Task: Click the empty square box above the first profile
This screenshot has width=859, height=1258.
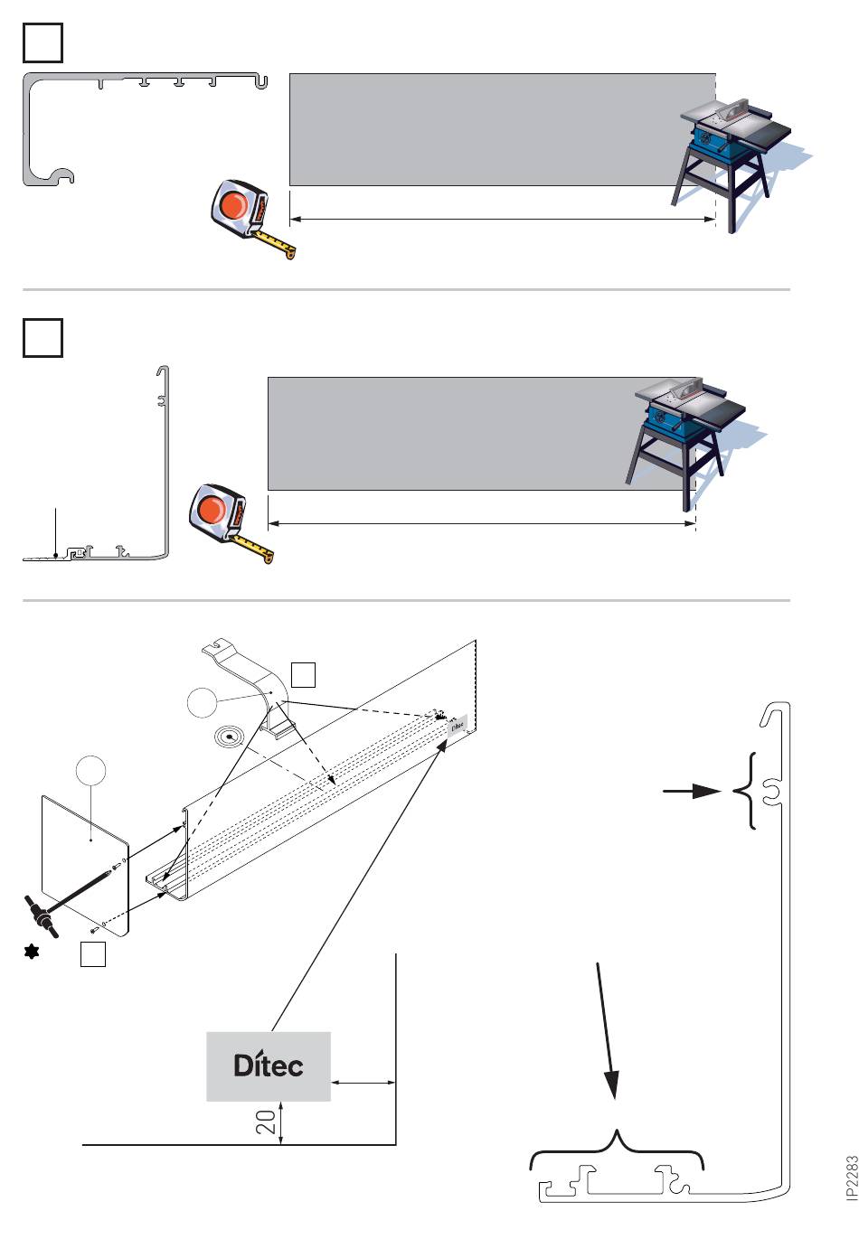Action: pyautogui.click(x=42, y=42)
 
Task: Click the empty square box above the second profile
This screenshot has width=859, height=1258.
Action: pyautogui.click(x=42, y=338)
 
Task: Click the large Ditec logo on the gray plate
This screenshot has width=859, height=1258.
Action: pyautogui.click(x=269, y=1065)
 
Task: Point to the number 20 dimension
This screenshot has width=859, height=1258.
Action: pyautogui.click(x=266, y=1122)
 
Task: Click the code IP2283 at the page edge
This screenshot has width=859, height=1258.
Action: pyautogui.click(x=852, y=1178)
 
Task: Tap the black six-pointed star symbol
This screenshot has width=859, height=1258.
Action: pyautogui.click(x=32, y=952)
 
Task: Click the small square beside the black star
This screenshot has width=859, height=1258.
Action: pyautogui.click(x=93, y=954)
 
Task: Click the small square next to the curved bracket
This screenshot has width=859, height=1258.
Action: pyautogui.click(x=303, y=674)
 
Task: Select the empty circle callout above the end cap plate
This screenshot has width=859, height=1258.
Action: pyautogui.click(x=90, y=770)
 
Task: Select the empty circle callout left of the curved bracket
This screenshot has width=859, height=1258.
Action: pyautogui.click(x=201, y=702)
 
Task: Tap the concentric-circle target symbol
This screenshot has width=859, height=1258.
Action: pyautogui.click(x=229, y=737)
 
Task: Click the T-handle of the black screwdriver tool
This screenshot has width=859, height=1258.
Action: pyautogui.click(x=41, y=917)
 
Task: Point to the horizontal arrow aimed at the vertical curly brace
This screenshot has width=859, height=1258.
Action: pyautogui.click(x=692, y=792)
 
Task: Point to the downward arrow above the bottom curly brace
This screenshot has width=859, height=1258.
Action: pyautogui.click(x=607, y=1031)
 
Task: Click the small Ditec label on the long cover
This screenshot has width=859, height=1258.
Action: pyautogui.click(x=458, y=725)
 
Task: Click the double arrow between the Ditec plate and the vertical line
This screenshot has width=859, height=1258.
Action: pyautogui.click(x=363, y=1082)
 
